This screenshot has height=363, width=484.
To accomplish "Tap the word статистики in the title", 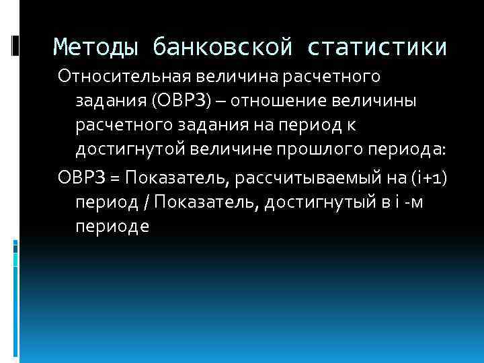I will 378,47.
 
